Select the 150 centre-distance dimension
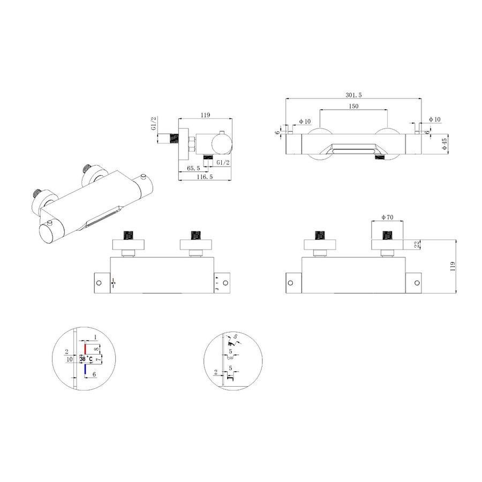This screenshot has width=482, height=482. [x=353, y=107]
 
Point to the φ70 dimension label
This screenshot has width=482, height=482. [x=388, y=217]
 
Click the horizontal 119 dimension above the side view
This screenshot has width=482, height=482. [x=204, y=114]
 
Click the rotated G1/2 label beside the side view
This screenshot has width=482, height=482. [x=154, y=124]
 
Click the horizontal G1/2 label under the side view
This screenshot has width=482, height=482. [x=223, y=162]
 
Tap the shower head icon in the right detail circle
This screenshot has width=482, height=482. [x=230, y=340]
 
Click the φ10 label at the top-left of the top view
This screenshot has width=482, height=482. [x=305, y=122]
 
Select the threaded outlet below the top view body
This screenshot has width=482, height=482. [x=379, y=159]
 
